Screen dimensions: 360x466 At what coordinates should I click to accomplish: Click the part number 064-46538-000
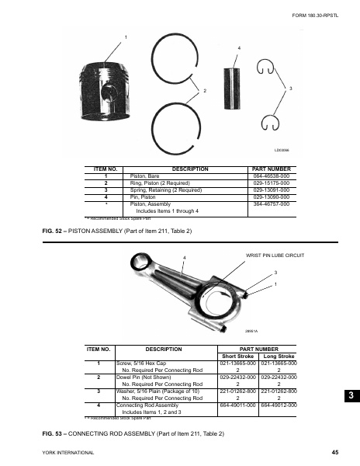(272, 176)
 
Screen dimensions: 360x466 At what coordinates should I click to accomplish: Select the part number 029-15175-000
(272, 183)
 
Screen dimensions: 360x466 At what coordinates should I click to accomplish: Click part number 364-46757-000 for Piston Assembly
(272, 203)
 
